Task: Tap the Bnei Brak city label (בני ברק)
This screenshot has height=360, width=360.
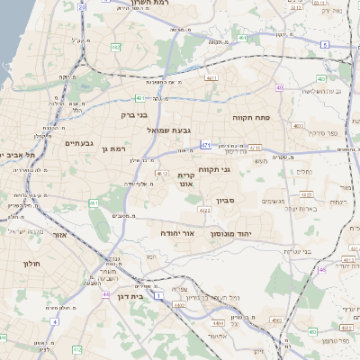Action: [x=133, y=115]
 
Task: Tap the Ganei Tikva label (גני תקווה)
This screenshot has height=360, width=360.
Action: [x=238, y=168]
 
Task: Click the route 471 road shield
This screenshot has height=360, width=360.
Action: [x=207, y=144]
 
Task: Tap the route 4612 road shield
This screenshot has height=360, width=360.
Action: [x=162, y=174]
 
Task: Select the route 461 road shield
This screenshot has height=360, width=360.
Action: [x=94, y=204]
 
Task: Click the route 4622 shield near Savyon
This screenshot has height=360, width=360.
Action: [x=205, y=210]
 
